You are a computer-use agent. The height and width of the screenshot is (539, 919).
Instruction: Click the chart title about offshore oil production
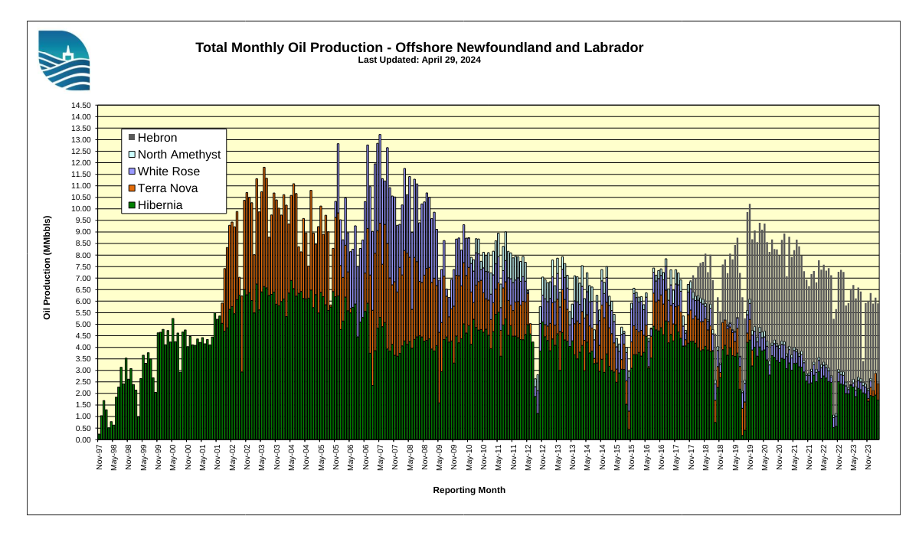419,47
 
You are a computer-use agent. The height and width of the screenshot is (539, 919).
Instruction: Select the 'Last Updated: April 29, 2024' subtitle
419,60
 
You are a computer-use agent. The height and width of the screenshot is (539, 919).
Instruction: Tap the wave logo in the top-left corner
64,60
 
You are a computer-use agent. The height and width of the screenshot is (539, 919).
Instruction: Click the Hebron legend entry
157,138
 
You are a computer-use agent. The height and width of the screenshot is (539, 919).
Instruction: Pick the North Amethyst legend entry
178,155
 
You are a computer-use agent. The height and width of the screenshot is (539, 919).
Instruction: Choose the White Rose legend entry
168,171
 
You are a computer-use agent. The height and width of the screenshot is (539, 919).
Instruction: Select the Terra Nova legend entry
167,188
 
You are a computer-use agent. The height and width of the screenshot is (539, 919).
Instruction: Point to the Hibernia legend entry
159,205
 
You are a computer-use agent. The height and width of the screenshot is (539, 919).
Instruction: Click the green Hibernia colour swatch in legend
132,205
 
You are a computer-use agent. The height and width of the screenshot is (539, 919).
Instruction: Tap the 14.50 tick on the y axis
80,106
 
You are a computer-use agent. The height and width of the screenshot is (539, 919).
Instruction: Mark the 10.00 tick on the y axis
80,209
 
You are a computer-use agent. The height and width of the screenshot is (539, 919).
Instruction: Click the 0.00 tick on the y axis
82,439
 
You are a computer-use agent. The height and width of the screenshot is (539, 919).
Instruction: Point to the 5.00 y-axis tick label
82,325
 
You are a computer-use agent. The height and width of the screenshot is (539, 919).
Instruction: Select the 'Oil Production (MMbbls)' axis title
47,267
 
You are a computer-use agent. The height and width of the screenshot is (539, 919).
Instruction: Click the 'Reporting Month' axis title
469,490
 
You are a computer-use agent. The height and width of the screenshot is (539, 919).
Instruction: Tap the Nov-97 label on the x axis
99,456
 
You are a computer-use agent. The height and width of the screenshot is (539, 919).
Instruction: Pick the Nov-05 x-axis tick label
335,456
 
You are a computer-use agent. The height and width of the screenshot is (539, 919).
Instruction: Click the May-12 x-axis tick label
528,456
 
